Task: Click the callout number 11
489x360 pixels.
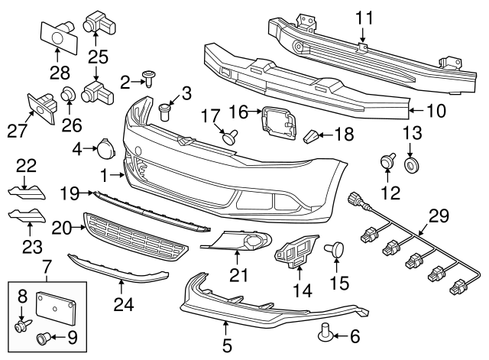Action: [364, 16]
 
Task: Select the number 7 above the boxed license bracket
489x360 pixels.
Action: [47, 268]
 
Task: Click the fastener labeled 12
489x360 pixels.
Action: [387, 163]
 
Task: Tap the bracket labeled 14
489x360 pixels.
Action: [293, 253]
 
